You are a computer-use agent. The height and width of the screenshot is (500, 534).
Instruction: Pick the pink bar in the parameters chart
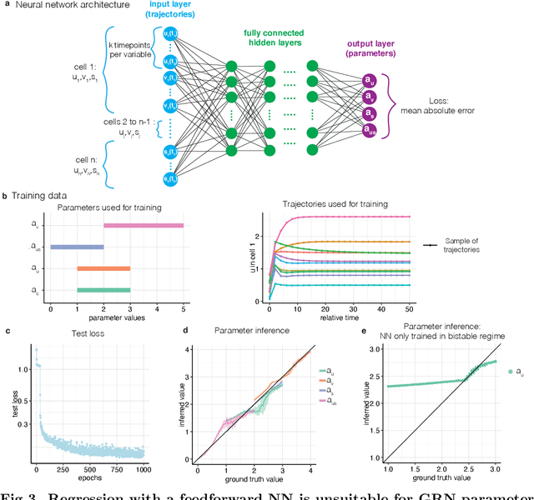point(143,225)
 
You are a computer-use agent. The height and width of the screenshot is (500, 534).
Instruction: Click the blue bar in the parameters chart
point(77,247)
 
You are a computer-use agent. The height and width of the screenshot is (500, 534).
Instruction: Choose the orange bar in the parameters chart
point(103,268)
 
